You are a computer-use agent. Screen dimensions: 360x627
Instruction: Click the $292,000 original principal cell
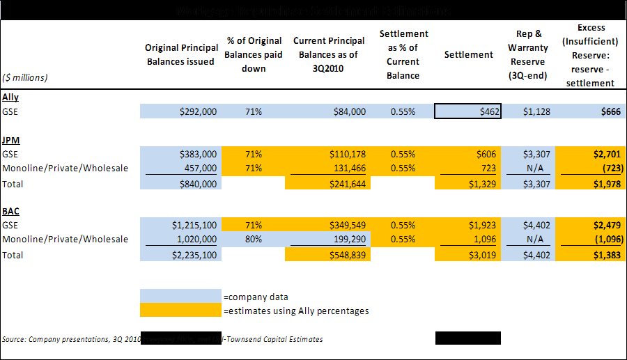tap(179, 111)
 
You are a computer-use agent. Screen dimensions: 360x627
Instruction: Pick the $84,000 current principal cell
tap(327, 111)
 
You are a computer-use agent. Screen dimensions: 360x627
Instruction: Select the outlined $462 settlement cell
tap(468, 111)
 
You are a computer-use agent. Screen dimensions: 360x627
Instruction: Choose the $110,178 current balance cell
tap(327, 154)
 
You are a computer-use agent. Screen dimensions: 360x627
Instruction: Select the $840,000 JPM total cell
tap(179, 184)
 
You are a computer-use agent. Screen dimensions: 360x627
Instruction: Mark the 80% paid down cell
tap(254, 239)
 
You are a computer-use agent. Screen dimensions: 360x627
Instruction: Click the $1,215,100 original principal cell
tap(179, 225)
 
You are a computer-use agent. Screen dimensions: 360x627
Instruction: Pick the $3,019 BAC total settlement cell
tap(468, 255)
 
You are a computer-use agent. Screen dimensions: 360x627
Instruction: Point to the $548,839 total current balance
tap(327, 255)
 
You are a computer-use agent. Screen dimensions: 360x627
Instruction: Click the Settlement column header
tap(468, 55)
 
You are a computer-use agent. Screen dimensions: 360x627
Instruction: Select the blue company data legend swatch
tap(180, 297)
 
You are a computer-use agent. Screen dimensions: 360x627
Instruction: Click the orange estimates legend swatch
tap(180, 311)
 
